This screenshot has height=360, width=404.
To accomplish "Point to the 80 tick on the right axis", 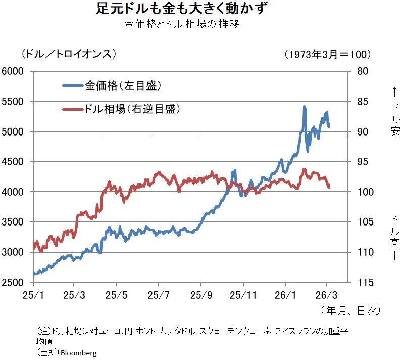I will (x=363, y=71).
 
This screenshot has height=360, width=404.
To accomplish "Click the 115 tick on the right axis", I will (x=364, y=282).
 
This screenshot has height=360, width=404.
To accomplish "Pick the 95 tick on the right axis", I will (x=363, y=162).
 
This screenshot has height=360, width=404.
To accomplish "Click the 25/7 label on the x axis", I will (x=158, y=294).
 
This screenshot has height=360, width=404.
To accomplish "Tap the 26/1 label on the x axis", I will (x=285, y=294).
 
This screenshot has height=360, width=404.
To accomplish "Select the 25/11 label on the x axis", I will (x=243, y=294).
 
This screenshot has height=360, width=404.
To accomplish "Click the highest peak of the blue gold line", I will (x=304, y=107).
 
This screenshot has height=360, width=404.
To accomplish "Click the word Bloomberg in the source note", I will (x=78, y=352).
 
